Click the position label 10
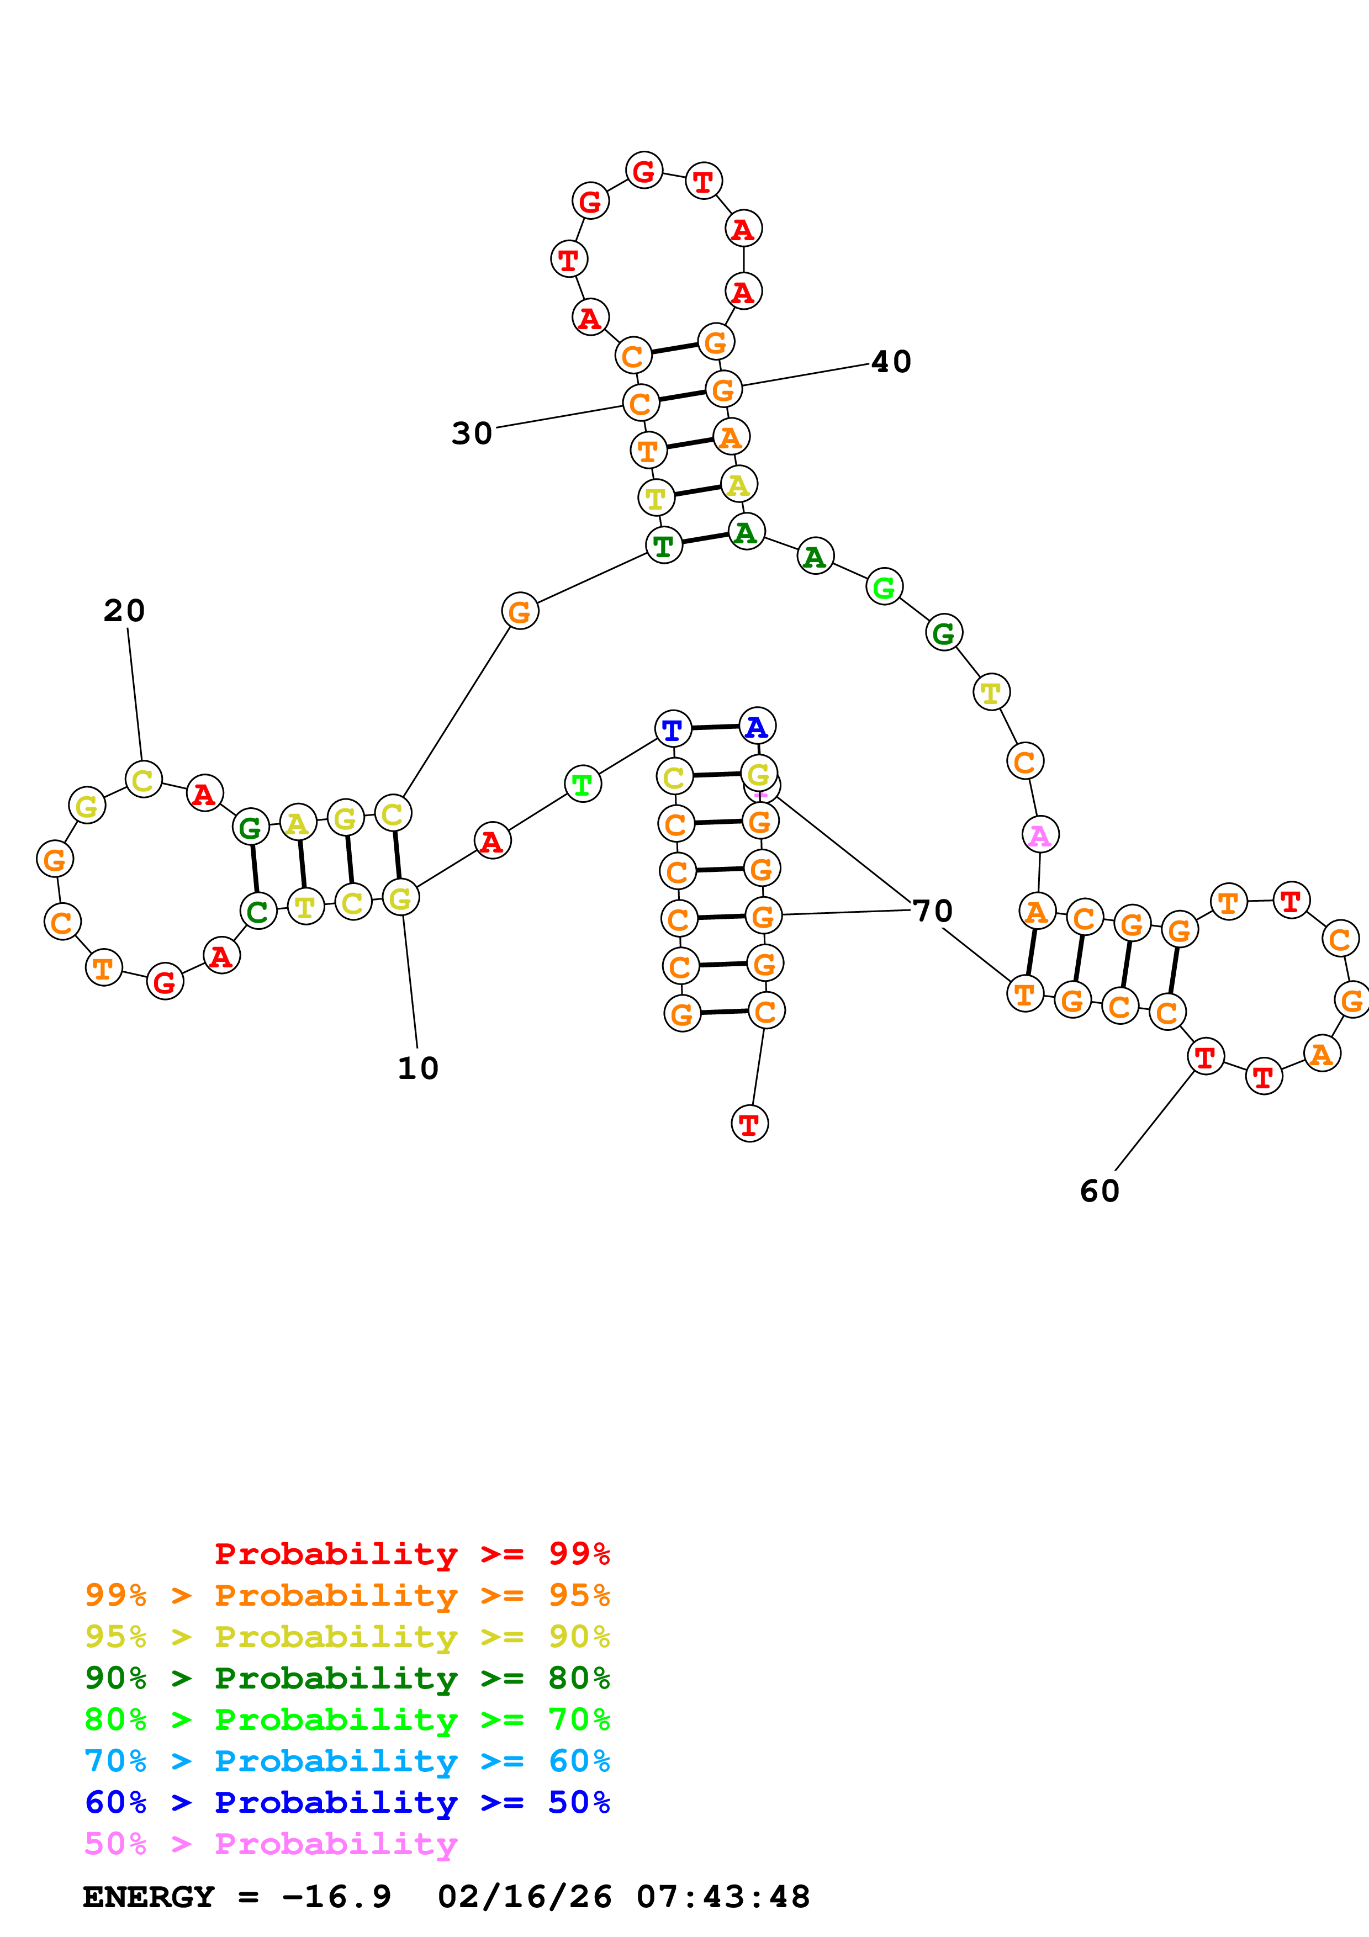point(417,1068)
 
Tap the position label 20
point(124,611)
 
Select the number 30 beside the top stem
point(472,433)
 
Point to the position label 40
point(891,362)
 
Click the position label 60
point(1099,1191)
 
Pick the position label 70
point(932,911)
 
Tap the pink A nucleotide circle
point(1040,835)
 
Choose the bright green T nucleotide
point(582,785)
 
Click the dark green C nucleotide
point(258,911)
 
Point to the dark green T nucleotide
point(664,546)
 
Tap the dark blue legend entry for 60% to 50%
point(347,1803)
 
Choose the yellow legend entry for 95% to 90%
point(347,1637)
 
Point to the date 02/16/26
point(524,1897)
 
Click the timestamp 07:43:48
point(723,1897)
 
